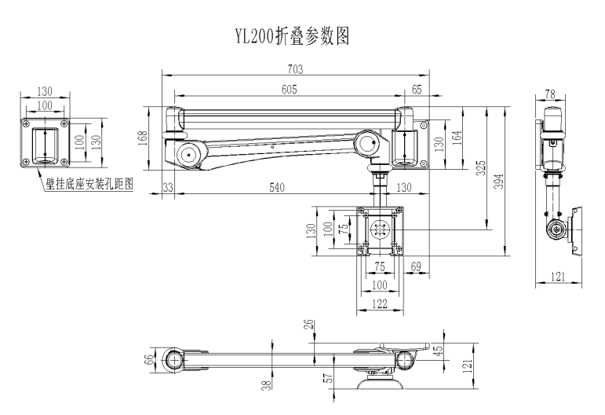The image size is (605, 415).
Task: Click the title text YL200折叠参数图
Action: point(293,36)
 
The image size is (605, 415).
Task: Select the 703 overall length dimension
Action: point(295,69)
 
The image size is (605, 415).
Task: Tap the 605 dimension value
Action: point(289,90)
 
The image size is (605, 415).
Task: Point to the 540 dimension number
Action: point(277,188)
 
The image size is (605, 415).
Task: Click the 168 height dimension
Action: point(142,138)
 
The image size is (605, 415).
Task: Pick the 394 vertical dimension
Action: point(499,182)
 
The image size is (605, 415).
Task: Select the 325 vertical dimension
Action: point(481,168)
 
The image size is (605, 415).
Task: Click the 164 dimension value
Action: point(457,138)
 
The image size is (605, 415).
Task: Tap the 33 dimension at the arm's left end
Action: point(168,188)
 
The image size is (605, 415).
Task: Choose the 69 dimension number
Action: point(416,266)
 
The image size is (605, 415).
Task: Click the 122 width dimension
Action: point(380,303)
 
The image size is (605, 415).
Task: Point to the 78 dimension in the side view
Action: point(550,94)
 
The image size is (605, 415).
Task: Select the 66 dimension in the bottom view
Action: point(148,359)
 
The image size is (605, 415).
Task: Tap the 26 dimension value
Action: point(309,325)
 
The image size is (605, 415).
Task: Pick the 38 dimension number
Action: point(267,385)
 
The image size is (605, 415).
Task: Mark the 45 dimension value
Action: point(439,351)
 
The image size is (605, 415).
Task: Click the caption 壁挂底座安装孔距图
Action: point(89,184)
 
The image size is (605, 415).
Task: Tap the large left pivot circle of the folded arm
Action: point(189,155)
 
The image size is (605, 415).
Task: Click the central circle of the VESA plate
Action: point(379,230)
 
